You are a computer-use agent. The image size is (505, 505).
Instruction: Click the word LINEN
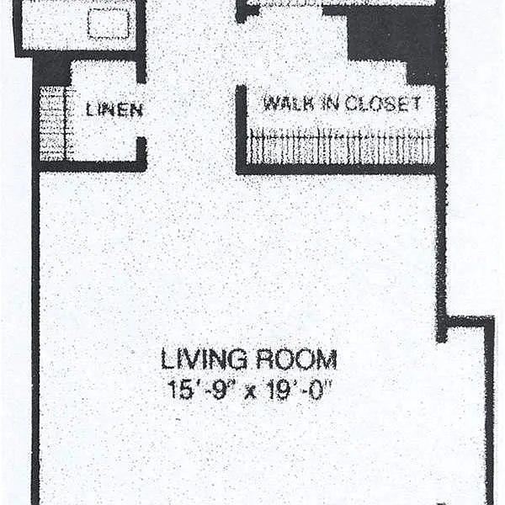(x=114, y=109)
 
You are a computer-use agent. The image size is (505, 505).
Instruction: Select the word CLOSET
(x=383, y=104)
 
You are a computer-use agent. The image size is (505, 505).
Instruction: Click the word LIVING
(x=204, y=359)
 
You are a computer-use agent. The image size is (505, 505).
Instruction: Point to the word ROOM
(x=296, y=359)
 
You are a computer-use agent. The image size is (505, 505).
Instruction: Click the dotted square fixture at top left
(x=109, y=24)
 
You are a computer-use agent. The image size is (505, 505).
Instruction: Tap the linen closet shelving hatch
(x=52, y=124)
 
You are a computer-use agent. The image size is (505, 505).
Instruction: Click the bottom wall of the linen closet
(x=90, y=166)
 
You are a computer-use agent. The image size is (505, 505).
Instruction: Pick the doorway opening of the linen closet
(x=141, y=110)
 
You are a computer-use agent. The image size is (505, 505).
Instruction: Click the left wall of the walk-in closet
(x=242, y=129)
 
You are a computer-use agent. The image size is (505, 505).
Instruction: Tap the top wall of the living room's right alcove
(x=466, y=322)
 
